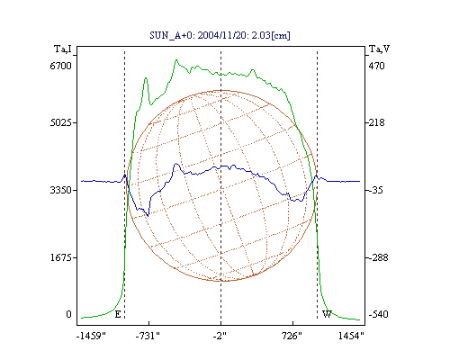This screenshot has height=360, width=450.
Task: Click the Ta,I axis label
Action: click(x=63, y=49)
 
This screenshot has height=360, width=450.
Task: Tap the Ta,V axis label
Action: click(x=379, y=49)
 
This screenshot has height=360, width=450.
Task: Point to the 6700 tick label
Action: click(x=61, y=66)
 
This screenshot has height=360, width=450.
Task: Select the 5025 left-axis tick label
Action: click(x=61, y=122)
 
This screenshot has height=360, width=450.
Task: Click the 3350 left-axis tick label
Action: click(x=61, y=190)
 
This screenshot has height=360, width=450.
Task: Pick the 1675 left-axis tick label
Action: click(x=61, y=257)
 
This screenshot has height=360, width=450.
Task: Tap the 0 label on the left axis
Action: click(x=68, y=314)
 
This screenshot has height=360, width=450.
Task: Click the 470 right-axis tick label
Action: click(x=376, y=66)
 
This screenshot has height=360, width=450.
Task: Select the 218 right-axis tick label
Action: click(x=376, y=122)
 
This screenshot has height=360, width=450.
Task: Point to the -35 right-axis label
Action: click(x=375, y=190)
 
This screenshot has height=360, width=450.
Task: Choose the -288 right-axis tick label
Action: click(x=378, y=257)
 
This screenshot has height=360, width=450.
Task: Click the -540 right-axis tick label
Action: click(x=378, y=314)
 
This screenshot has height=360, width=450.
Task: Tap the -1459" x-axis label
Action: click(x=92, y=336)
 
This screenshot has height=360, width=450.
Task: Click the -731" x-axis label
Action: click(x=148, y=336)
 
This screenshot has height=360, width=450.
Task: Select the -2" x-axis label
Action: click(x=220, y=336)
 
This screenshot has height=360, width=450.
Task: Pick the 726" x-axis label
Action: click(x=292, y=336)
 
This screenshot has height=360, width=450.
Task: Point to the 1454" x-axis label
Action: click(x=351, y=336)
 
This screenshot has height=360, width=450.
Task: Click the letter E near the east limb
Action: click(x=118, y=314)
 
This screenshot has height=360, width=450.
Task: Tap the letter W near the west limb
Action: click(x=327, y=314)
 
